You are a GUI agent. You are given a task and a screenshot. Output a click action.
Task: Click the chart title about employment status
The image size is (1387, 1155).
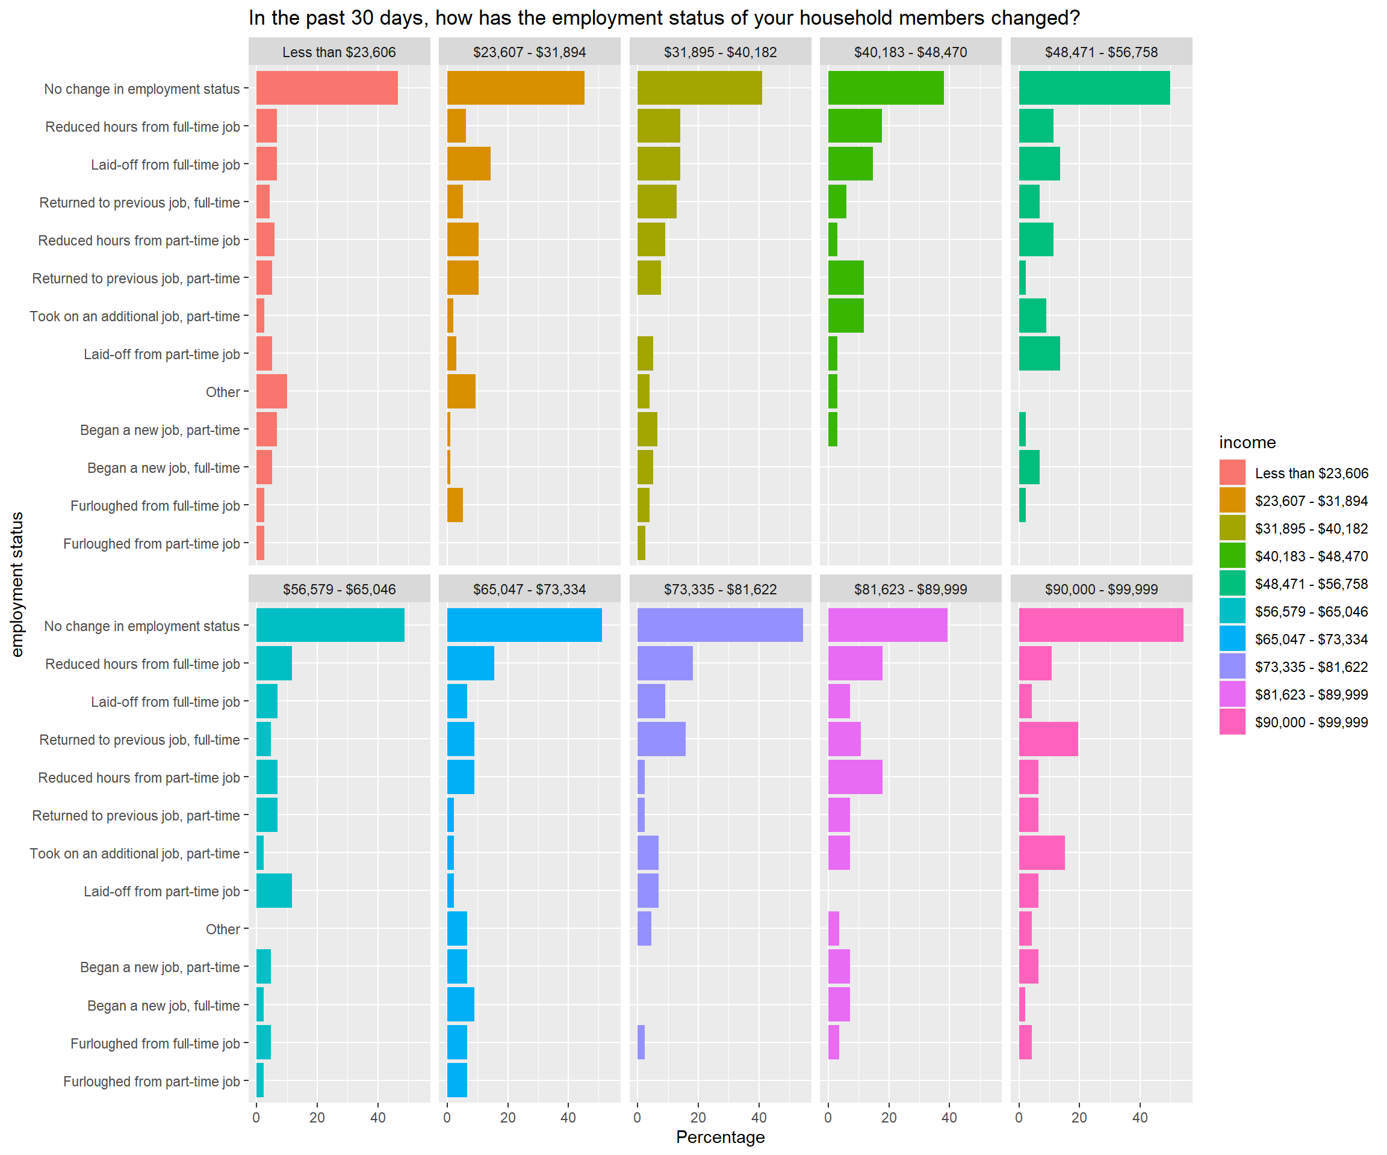click(664, 18)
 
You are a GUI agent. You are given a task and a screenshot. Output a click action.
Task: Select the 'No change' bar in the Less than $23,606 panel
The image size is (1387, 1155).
click(327, 88)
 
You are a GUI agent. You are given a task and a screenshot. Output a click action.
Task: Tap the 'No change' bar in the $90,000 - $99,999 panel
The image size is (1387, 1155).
click(1101, 625)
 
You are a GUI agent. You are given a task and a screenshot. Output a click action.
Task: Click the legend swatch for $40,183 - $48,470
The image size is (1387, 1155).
click(1232, 556)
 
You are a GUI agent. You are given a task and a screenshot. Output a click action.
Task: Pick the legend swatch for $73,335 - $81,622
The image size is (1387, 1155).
click(1232, 667)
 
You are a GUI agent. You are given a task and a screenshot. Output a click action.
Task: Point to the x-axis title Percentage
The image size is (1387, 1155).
click(720, 1136)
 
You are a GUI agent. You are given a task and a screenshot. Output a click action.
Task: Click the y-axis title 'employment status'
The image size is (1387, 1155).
click(17, 584)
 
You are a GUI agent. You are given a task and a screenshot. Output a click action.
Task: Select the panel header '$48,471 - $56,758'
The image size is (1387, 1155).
click(1101, 52)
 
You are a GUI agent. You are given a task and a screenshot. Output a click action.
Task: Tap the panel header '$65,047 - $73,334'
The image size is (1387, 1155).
click(529, 590)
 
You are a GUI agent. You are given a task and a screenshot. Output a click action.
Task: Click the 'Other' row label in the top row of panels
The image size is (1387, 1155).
click(223, 392)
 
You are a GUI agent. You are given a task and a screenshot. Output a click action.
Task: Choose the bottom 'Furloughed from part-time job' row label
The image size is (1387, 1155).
click(151, 1081)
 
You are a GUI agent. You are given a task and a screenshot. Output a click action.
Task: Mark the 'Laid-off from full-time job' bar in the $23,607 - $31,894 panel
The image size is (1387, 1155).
click(468, 164)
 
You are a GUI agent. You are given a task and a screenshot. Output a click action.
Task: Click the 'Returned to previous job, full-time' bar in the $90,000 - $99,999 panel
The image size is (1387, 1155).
click(1048, 739)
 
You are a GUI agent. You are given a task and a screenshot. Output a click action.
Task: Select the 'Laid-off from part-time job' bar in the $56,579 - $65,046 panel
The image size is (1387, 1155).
click(274, 891)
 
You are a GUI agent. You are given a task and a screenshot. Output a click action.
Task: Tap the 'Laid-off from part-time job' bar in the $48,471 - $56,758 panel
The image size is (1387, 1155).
click(1039, 354)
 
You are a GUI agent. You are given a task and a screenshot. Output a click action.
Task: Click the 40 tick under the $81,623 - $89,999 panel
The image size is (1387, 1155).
click(949, 1117)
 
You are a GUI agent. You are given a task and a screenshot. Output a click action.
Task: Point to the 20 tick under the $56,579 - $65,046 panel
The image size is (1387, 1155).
click(317, 1117)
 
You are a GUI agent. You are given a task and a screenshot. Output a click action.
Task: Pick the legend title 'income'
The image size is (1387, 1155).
click(1247, 442)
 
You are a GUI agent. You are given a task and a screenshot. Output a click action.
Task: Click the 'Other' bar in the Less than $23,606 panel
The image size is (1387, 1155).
click(272, 392)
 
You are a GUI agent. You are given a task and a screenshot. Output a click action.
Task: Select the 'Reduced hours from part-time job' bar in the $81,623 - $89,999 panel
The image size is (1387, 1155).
click(855, 777)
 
